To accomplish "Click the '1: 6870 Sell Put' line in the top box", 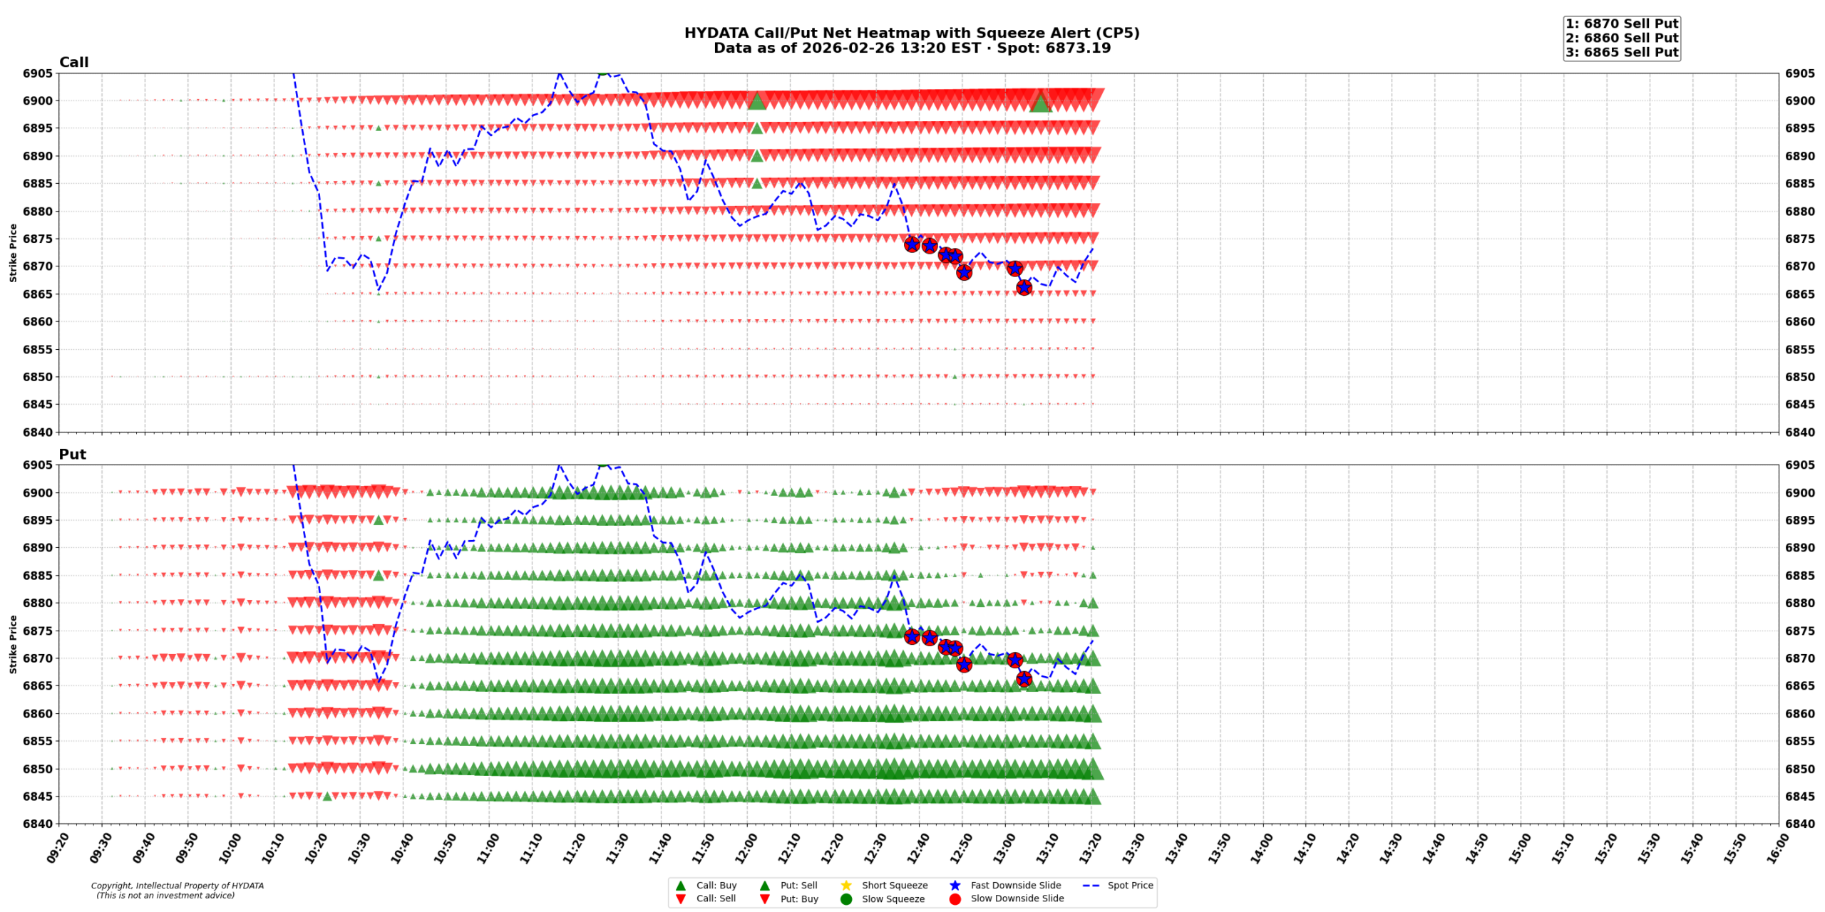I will pos(1621,24).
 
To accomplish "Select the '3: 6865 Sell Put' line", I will pos(1621,52).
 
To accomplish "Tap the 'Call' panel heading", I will pos(73,62).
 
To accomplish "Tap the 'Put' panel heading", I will pos(72,454).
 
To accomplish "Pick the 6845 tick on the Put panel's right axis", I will pos(1799,796).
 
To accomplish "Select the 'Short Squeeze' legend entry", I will pos(894,885).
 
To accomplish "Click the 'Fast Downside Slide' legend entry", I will pos(1015,885).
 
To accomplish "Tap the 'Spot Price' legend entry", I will pos(1129,885).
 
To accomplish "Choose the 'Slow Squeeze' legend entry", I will pos(893,898).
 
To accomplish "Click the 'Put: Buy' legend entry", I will pos(798,898).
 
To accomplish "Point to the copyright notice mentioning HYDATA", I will pos(177,890).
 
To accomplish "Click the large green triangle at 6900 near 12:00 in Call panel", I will pos(756,101).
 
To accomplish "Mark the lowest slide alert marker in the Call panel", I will pos(1023,287).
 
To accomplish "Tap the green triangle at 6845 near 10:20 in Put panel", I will pos(327,796).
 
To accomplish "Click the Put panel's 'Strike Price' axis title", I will pos(13,644).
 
